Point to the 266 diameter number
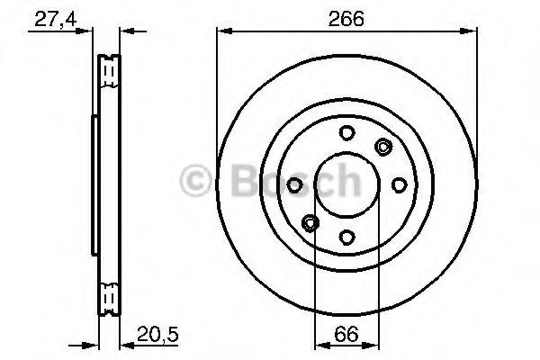pyautogui.click(x=347, y=18)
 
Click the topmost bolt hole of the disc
pyautogui.click(x=347, y=133)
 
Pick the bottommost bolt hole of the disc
pyautogui.click(x=347, y=237)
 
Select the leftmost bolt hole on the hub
pyautogui.click(x=295, y=184)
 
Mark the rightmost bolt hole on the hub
pyautogui.click(x=399, y=184)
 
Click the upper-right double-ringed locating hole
pyautogui.click(x=383, y=148)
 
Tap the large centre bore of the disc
pyautogui.click(x=347, y=184)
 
